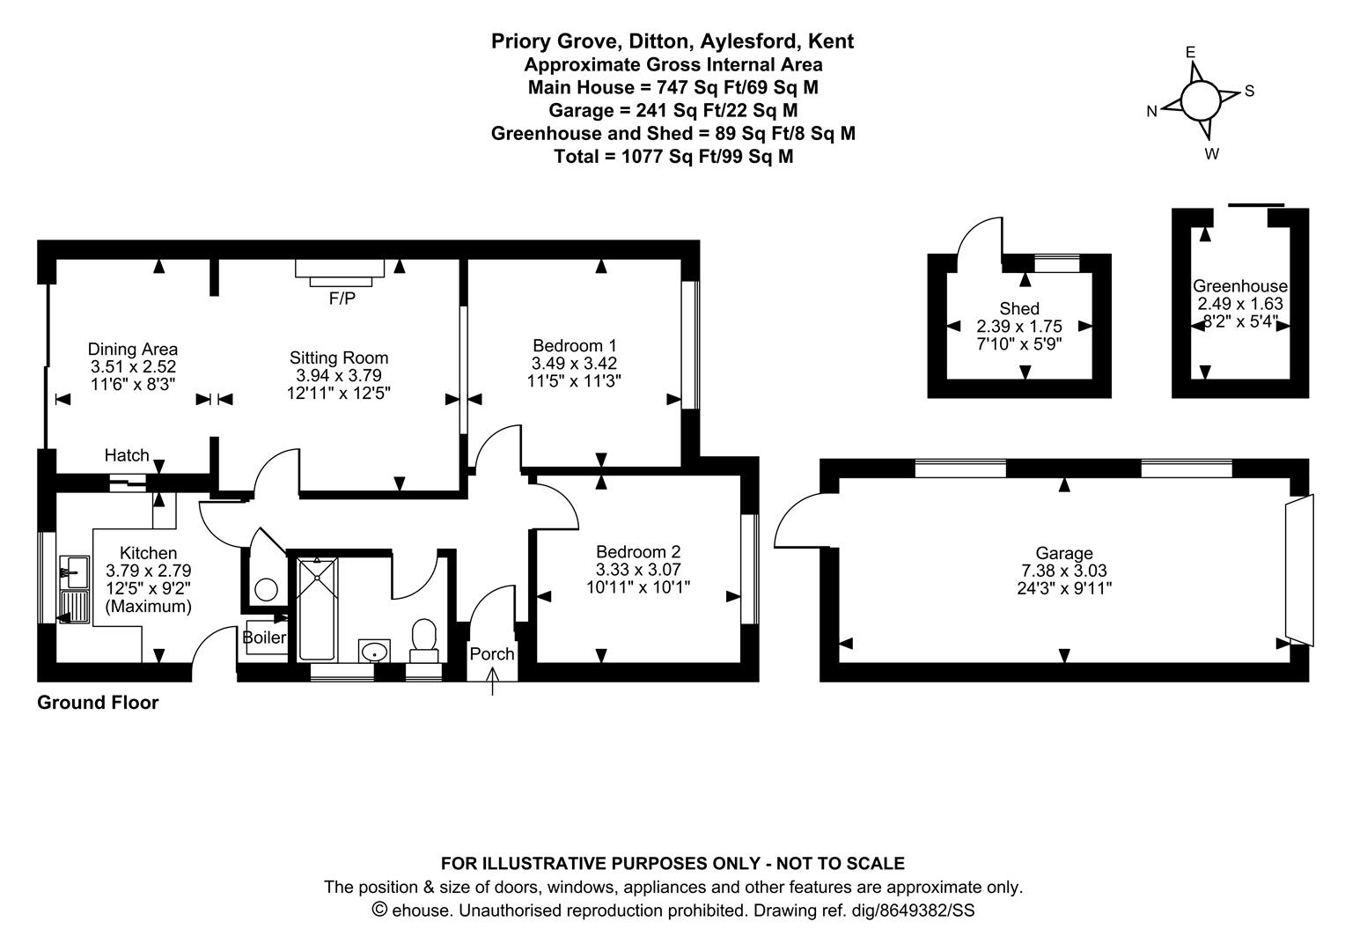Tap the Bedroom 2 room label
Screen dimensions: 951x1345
pyautogui.click(x=638, y=552)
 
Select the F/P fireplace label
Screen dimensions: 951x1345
pyautogui.click(x=342, y=299)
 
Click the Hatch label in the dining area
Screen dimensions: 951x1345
pyautogui.click(x=127, y=455)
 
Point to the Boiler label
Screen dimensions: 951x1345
pyautogui.click(x=264, y=637)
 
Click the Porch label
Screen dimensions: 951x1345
pyautogui.click(x=491, y=654)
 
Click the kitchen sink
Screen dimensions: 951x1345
pyautogui.click(x=74, y=571)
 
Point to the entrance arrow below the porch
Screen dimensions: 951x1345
pyautogui.click(x=492, y=682)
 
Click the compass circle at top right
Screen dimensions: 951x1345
pyautogui.click(x=1200, y=100)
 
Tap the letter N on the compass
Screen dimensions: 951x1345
pyautogui.click(x=1151, y=111)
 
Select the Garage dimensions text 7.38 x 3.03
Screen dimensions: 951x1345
pyautogui.click(x=1063, y=571)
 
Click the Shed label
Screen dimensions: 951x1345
pyautogui.click(x=1019, y=308)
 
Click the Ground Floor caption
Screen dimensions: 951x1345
pyautogui.click(x=98, y=703)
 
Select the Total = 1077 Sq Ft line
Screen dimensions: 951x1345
pyautogui.click(x=672, y=157)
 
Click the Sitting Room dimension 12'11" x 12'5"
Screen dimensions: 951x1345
pyautogui.click(x=339, y=392)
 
